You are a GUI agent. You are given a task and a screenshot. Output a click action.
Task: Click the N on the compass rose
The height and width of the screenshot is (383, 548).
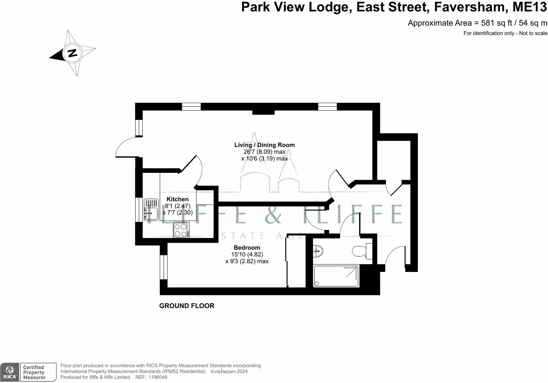pos(72,53)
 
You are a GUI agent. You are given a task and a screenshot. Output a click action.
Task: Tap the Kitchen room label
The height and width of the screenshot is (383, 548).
pos(177,199)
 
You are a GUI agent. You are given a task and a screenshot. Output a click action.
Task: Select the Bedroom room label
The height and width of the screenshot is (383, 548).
pos(247,248)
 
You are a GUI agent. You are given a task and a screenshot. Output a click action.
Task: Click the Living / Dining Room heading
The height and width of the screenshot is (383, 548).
pos(264,145)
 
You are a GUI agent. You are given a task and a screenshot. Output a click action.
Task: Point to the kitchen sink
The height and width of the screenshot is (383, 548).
pos(151,210)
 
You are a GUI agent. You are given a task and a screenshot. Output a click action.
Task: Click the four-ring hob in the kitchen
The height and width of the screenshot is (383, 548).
pos(181,230)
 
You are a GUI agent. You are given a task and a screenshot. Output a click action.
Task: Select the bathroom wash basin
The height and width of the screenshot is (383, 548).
pos(318,251)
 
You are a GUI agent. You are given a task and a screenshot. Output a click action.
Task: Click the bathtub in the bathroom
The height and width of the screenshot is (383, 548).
pos(336,276)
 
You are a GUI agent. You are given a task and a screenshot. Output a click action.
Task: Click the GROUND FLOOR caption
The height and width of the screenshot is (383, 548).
pos(187,306)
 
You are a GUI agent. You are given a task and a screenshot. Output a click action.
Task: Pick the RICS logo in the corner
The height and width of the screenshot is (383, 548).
pos(10,372)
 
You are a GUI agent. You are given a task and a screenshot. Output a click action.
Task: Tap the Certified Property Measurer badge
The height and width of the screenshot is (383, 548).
pos(38,372)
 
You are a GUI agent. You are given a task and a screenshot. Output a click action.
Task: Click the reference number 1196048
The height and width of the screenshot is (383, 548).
pos(158,377)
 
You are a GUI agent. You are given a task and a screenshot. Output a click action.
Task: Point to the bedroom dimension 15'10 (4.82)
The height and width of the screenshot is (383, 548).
pos(247,254)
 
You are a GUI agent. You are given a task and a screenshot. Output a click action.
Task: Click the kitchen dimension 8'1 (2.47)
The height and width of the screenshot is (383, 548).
pos(177,206)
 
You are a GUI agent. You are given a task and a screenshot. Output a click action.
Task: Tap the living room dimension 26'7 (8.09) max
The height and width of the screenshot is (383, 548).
pos(264,152)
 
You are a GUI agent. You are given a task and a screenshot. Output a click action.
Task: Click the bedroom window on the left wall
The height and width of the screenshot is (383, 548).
pos(164,267)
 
